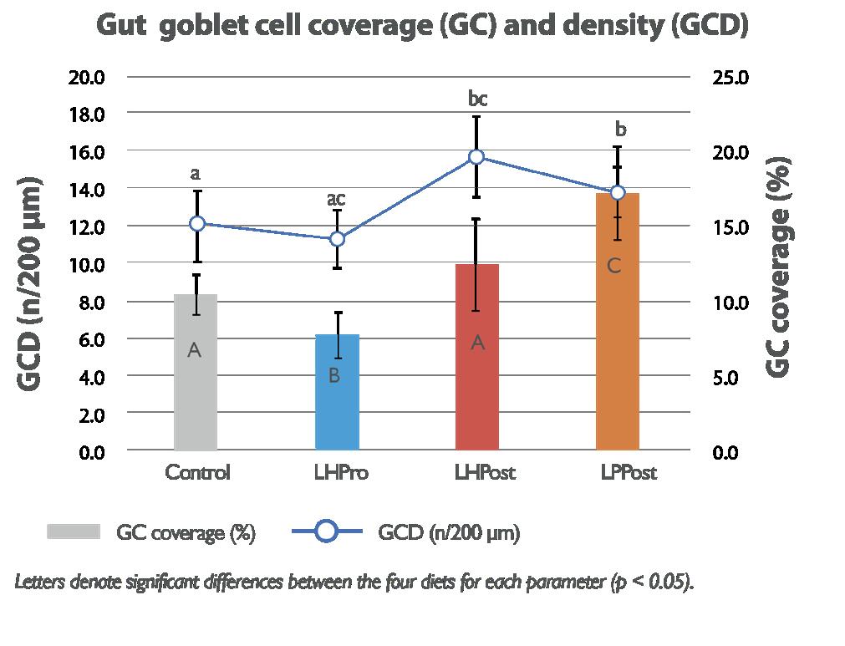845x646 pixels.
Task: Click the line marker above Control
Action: (x=197, y=223)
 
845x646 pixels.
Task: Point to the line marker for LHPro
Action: (x=337, y=239)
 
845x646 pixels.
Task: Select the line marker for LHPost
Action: (x=476, y=157)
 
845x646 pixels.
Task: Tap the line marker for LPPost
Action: (x=618, y=192)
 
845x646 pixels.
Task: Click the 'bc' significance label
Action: (x=477, y=99)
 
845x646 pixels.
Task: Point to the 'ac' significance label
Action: (x=336, y=199)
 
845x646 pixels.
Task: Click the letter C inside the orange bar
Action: (x=613, y=267)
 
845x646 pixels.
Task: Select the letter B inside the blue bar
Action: (x=333, y=376)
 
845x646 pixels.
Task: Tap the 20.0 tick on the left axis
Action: (x=86, y=77)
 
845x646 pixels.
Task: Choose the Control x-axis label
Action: (x=197, y=473)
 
